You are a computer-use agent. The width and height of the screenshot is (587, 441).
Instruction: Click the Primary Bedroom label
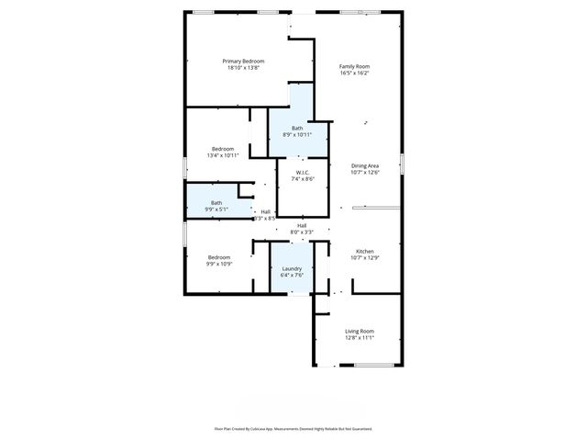(243, 62)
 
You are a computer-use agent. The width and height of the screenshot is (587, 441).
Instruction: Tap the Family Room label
(354, 66)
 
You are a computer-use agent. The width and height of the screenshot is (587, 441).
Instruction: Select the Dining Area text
(364, 165)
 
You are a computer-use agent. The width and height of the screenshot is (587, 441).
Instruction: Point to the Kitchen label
(364, 251)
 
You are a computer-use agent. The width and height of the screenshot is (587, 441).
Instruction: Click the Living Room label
(359, 331)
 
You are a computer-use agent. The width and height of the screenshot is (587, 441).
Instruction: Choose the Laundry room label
(292, 268)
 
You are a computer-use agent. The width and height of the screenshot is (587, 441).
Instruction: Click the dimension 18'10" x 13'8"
(243, 68)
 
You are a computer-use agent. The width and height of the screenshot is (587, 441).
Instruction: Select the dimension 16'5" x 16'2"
(354, 73)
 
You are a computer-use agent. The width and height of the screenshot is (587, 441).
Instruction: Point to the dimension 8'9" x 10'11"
(297, 134)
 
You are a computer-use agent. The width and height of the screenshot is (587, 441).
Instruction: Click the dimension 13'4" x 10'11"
(223, 155)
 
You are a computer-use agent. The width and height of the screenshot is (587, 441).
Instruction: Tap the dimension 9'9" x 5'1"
(216, 209)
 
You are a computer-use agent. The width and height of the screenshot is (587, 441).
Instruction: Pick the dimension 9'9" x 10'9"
(218, 264)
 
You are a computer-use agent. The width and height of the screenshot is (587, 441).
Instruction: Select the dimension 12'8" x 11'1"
(359, 337)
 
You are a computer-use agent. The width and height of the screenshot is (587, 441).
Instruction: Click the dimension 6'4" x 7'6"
(292, 275)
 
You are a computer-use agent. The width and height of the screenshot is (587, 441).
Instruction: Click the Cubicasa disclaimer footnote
(293, 428)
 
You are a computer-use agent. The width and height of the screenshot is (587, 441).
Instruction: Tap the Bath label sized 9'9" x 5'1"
(216, 202)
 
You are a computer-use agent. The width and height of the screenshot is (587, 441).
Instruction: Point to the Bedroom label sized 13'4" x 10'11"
(223, 149)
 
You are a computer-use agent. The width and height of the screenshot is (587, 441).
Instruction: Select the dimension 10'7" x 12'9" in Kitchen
(364, 257)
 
